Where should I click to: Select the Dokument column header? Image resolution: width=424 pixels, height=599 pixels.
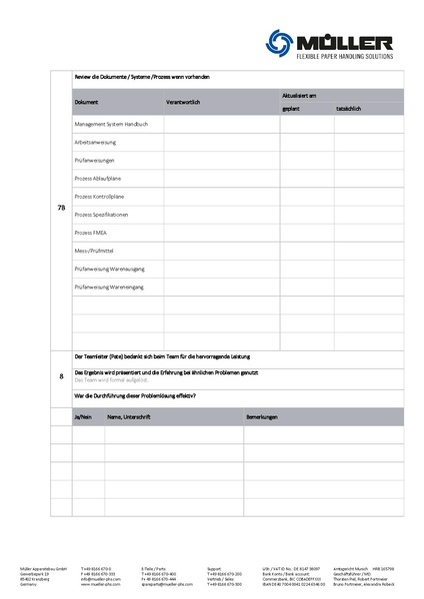tap(87, 102)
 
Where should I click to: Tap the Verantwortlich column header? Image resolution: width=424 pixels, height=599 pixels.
tap(183, 102)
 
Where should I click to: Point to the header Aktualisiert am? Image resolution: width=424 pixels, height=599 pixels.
tap(299, 95)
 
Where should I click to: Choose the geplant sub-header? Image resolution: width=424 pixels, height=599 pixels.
tap(291, 108)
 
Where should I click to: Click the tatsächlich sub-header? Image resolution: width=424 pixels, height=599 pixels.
tap(349, 108)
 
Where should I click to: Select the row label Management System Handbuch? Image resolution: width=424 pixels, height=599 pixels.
tap(111, 125)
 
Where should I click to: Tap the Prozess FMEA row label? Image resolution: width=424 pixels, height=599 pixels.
tap(90, 233)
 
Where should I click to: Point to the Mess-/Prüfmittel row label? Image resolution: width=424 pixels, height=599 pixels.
tap(93, 251)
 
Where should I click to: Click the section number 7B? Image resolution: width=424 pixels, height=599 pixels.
tap(61, 208)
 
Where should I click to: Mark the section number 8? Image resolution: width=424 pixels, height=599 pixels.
tap(61, 376)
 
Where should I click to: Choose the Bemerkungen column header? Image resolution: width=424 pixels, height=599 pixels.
tap(262, 415)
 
